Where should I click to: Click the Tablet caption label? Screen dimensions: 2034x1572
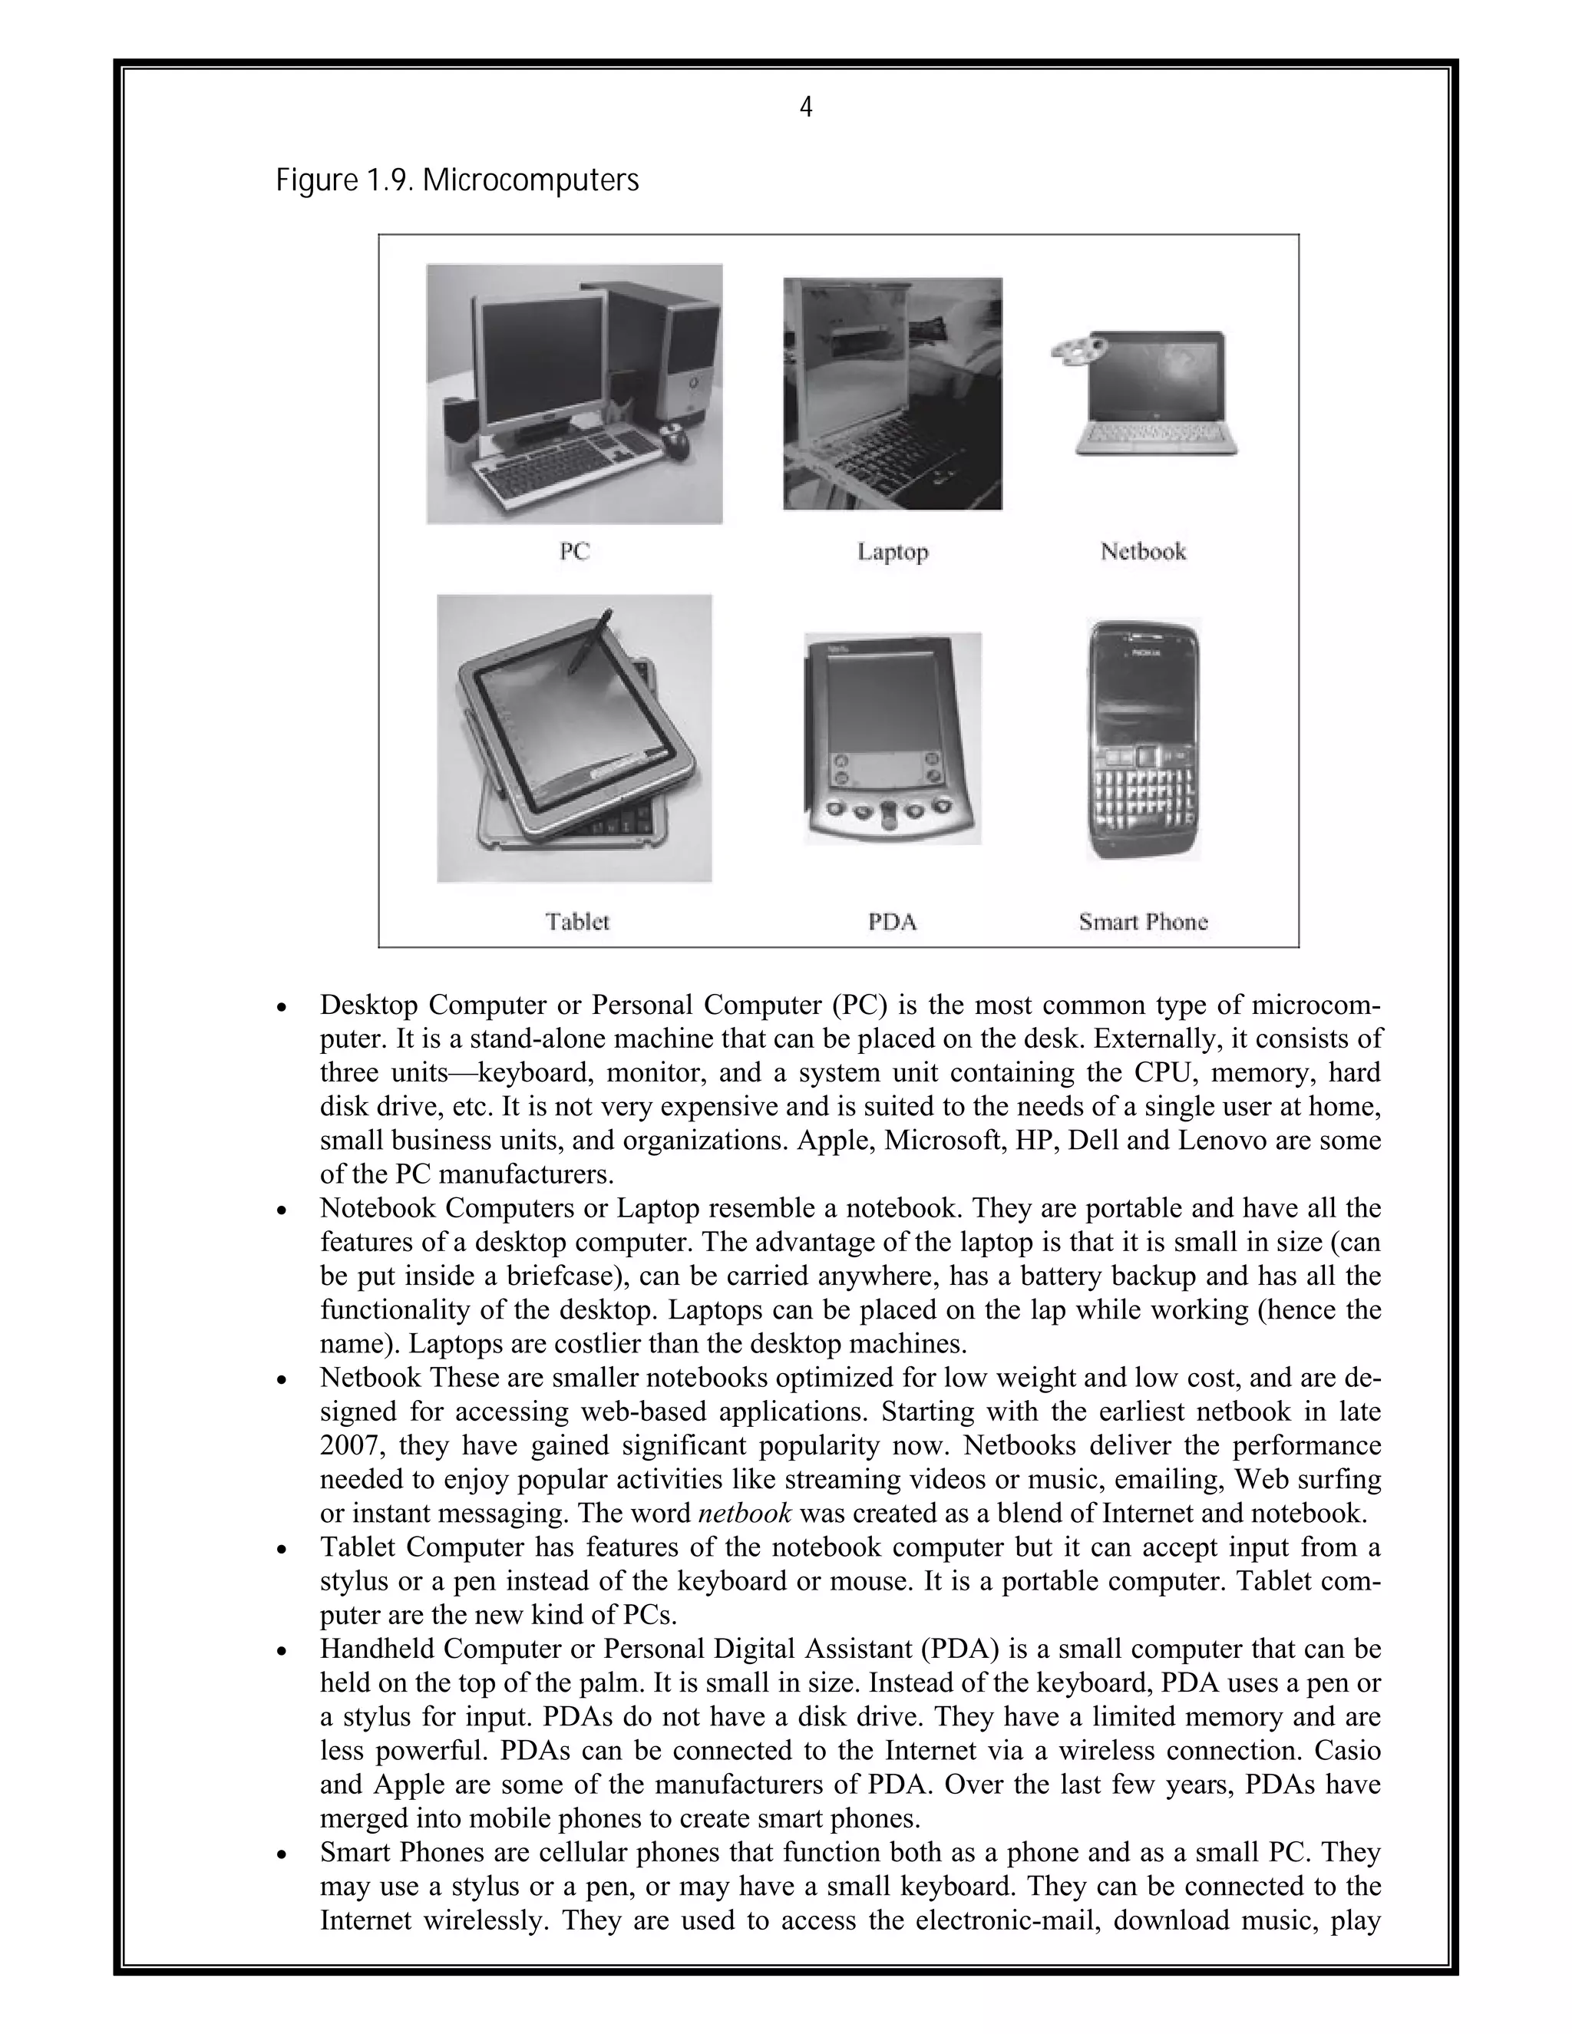(x=577, y=922)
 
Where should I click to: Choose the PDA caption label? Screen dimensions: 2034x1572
(x=892, y=922)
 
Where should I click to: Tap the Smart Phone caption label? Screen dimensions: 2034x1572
(x=1143, y=922)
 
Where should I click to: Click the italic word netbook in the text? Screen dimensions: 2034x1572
(x=744, y=1514)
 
